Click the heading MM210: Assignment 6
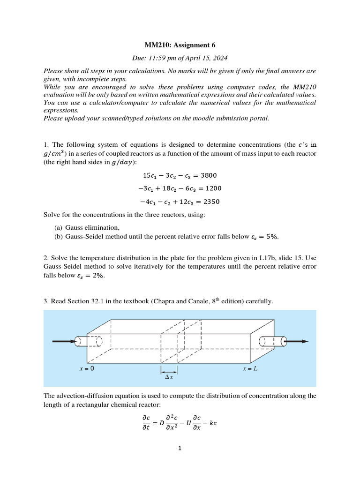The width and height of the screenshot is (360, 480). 180,45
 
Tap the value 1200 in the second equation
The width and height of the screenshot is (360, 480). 212,188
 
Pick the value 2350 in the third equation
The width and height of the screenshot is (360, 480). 210,202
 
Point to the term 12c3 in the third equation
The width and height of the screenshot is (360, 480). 182,202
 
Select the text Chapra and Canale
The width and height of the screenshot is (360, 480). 196,301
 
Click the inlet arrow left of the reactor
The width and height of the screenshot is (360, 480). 63,342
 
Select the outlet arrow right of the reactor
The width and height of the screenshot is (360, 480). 297,342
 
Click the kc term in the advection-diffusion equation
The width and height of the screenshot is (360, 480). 212,422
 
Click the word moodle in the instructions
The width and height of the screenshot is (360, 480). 195,118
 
